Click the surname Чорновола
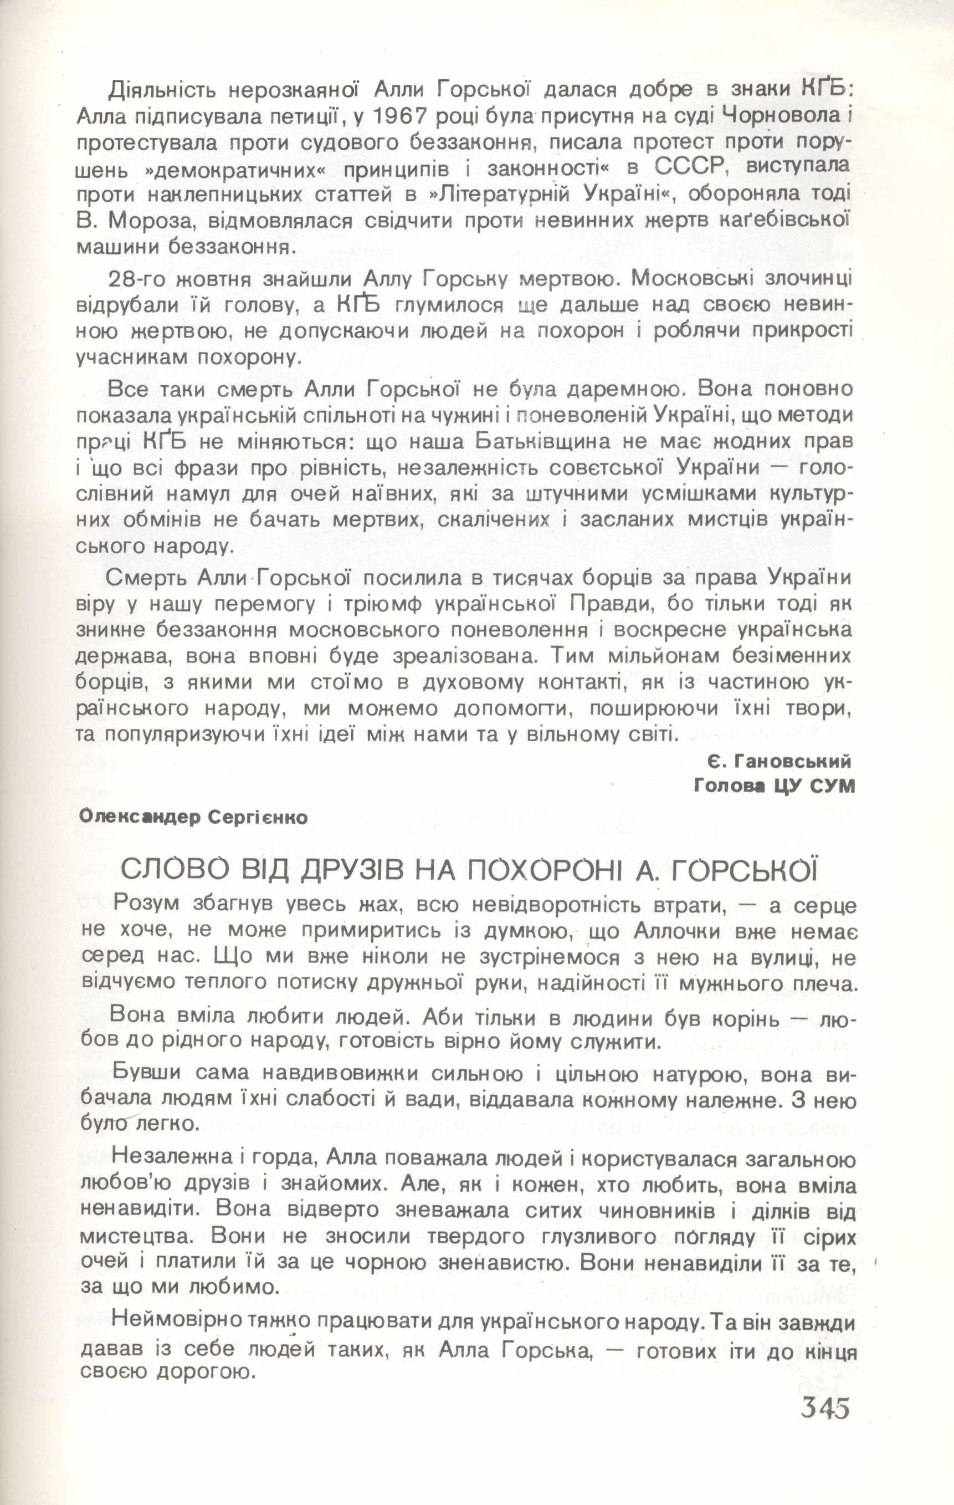(783, 116)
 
